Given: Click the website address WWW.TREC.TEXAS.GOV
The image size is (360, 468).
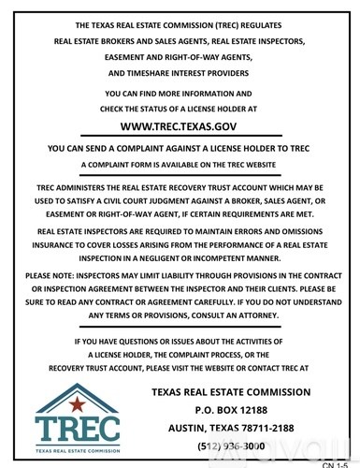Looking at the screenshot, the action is pos(180,122).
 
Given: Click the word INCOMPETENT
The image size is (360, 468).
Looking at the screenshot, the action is pos(246,255).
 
